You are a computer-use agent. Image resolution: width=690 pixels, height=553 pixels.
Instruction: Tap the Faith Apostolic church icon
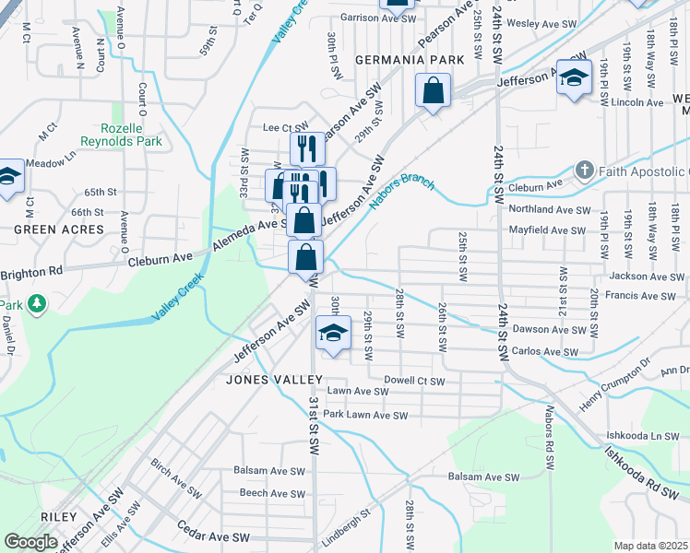tap(584, 171)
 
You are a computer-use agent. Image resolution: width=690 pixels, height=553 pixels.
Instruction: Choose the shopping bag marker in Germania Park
tap(432, 91)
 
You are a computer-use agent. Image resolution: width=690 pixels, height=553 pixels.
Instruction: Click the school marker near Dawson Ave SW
tap(333, 333)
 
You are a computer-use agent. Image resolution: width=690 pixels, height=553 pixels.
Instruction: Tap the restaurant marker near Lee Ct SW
tap(307, 148)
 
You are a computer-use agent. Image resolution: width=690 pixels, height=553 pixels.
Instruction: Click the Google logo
tap(30, 542)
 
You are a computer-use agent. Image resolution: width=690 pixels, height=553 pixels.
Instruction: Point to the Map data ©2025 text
tap(649, 546)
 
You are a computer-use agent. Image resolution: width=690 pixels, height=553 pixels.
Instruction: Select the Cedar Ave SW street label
tap(213, 536)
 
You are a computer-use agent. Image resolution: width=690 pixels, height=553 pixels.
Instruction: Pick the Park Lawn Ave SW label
tap(364, 416)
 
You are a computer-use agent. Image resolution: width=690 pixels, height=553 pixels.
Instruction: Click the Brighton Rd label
tap(31, 273)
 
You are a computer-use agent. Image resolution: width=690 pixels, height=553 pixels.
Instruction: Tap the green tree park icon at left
tap(37, 303)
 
